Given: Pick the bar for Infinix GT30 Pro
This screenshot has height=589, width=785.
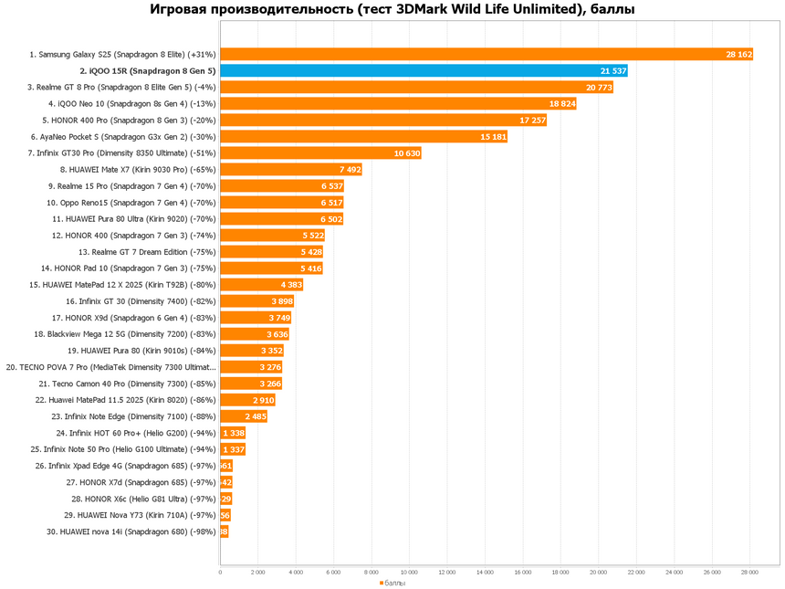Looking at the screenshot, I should [319, 153].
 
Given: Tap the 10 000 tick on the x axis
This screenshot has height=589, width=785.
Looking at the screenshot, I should [409, 573].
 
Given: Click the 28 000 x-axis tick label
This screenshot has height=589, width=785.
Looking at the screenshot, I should [749, 573].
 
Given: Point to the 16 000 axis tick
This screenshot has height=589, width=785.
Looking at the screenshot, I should [523, 573].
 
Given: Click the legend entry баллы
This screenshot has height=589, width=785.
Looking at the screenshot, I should [394, 582].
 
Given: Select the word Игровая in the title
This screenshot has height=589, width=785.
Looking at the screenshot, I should [182, 10].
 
